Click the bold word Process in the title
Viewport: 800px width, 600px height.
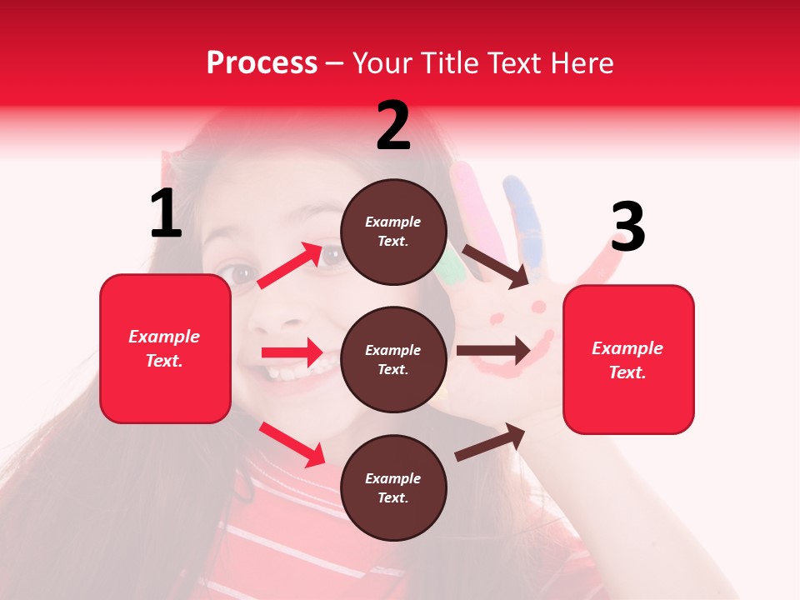pos(262,63)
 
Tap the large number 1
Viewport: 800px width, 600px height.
pos(166,213)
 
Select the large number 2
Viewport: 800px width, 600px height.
pos(393,125)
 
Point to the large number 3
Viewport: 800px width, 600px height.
pos(628,227)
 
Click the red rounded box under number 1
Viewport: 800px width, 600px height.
pos(165,348)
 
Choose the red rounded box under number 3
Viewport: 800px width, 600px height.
pos(628,360)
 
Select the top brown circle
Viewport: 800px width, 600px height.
pos(393,232)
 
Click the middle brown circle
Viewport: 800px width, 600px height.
pos(393,359)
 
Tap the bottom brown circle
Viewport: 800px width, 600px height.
pos(393,487)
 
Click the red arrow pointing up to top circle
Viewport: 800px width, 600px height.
pos(290,266)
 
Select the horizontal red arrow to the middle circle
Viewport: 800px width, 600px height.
pos(292,352)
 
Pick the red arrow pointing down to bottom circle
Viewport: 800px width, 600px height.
pos(292,443)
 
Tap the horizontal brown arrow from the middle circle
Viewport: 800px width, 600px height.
pos(493,351)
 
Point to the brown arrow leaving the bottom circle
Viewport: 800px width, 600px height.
pos(490,442)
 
